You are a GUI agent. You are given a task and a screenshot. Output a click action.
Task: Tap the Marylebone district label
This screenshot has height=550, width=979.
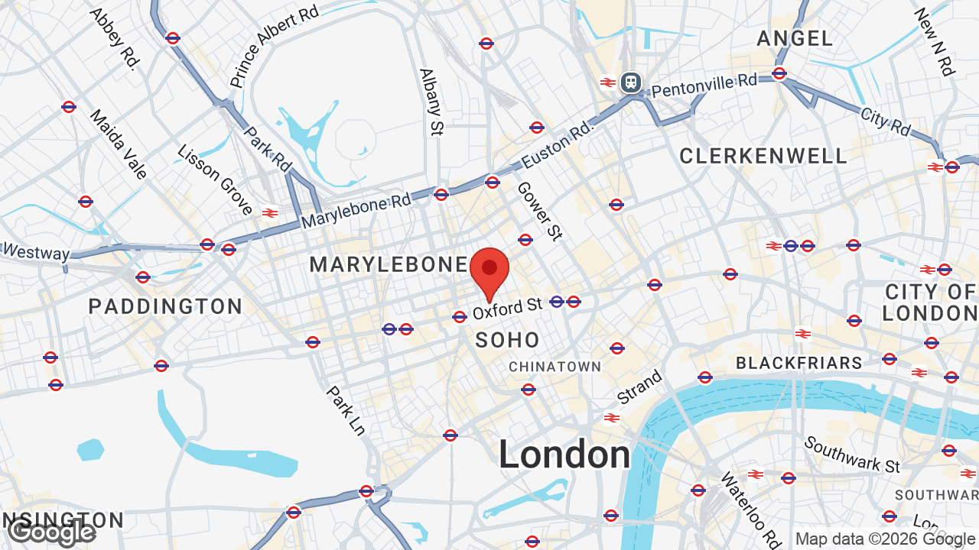click(388, 265)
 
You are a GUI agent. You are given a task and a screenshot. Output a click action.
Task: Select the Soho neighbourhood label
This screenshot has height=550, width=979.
click(508, 341)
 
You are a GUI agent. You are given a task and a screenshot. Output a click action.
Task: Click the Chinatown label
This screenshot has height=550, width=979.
click(555, 367)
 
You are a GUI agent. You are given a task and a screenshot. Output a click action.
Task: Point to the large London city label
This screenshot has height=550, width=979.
click(564, 455)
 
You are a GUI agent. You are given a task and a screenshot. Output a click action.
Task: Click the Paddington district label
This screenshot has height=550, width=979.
click(165, 307)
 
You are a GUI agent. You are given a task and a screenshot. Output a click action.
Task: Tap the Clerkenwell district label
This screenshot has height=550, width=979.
click(763, 157)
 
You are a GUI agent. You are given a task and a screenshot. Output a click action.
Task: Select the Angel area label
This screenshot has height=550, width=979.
click(795, 38)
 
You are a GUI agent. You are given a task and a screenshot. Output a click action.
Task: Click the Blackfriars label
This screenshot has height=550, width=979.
click(799, 363)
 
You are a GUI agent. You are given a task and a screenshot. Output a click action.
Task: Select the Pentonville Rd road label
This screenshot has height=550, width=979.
click(704, 85)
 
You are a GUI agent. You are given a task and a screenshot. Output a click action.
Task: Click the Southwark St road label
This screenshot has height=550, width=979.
click(852, 455)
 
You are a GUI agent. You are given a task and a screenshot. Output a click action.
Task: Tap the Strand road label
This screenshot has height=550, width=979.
click(639, 388)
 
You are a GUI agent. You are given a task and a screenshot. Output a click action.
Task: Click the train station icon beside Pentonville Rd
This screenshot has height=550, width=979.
click(630, 82)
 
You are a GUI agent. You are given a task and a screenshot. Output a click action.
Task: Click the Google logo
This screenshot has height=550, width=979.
click(52, 532)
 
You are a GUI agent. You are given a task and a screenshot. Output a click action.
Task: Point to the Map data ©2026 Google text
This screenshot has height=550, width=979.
click(885, 539)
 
